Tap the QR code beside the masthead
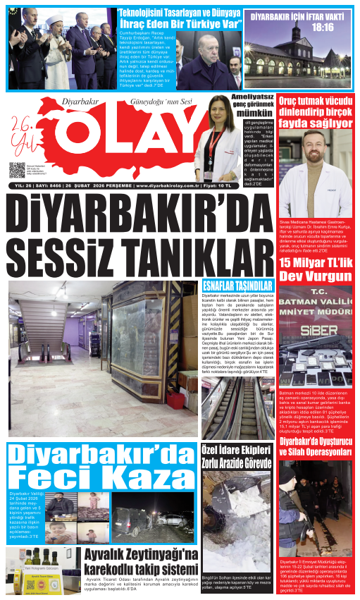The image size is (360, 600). [x=18, y=170]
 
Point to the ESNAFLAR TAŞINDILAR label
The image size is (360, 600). [x=227, y=286]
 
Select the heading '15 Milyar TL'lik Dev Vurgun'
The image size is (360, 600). [x=315, y=269]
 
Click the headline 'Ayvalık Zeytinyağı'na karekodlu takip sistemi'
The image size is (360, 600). [x=140, y=561]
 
